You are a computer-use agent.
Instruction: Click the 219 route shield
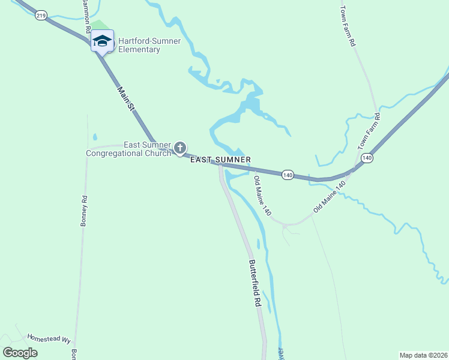pos(41,16)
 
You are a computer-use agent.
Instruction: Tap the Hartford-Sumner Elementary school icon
pos(102,41)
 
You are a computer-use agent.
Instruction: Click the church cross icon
pos(179,148)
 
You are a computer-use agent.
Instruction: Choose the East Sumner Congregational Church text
pos(128,149)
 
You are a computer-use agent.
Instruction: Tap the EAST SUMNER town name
pos(220,160)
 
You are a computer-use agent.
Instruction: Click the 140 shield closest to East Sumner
pos(288,175)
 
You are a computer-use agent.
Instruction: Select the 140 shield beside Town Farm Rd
pos(367,158)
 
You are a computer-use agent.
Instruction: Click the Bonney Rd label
pos(84,211)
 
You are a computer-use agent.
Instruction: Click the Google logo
pos(20,353)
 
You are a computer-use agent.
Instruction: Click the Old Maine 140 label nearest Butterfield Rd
pos(263,197)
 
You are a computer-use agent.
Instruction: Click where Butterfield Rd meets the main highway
pos(220,166)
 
